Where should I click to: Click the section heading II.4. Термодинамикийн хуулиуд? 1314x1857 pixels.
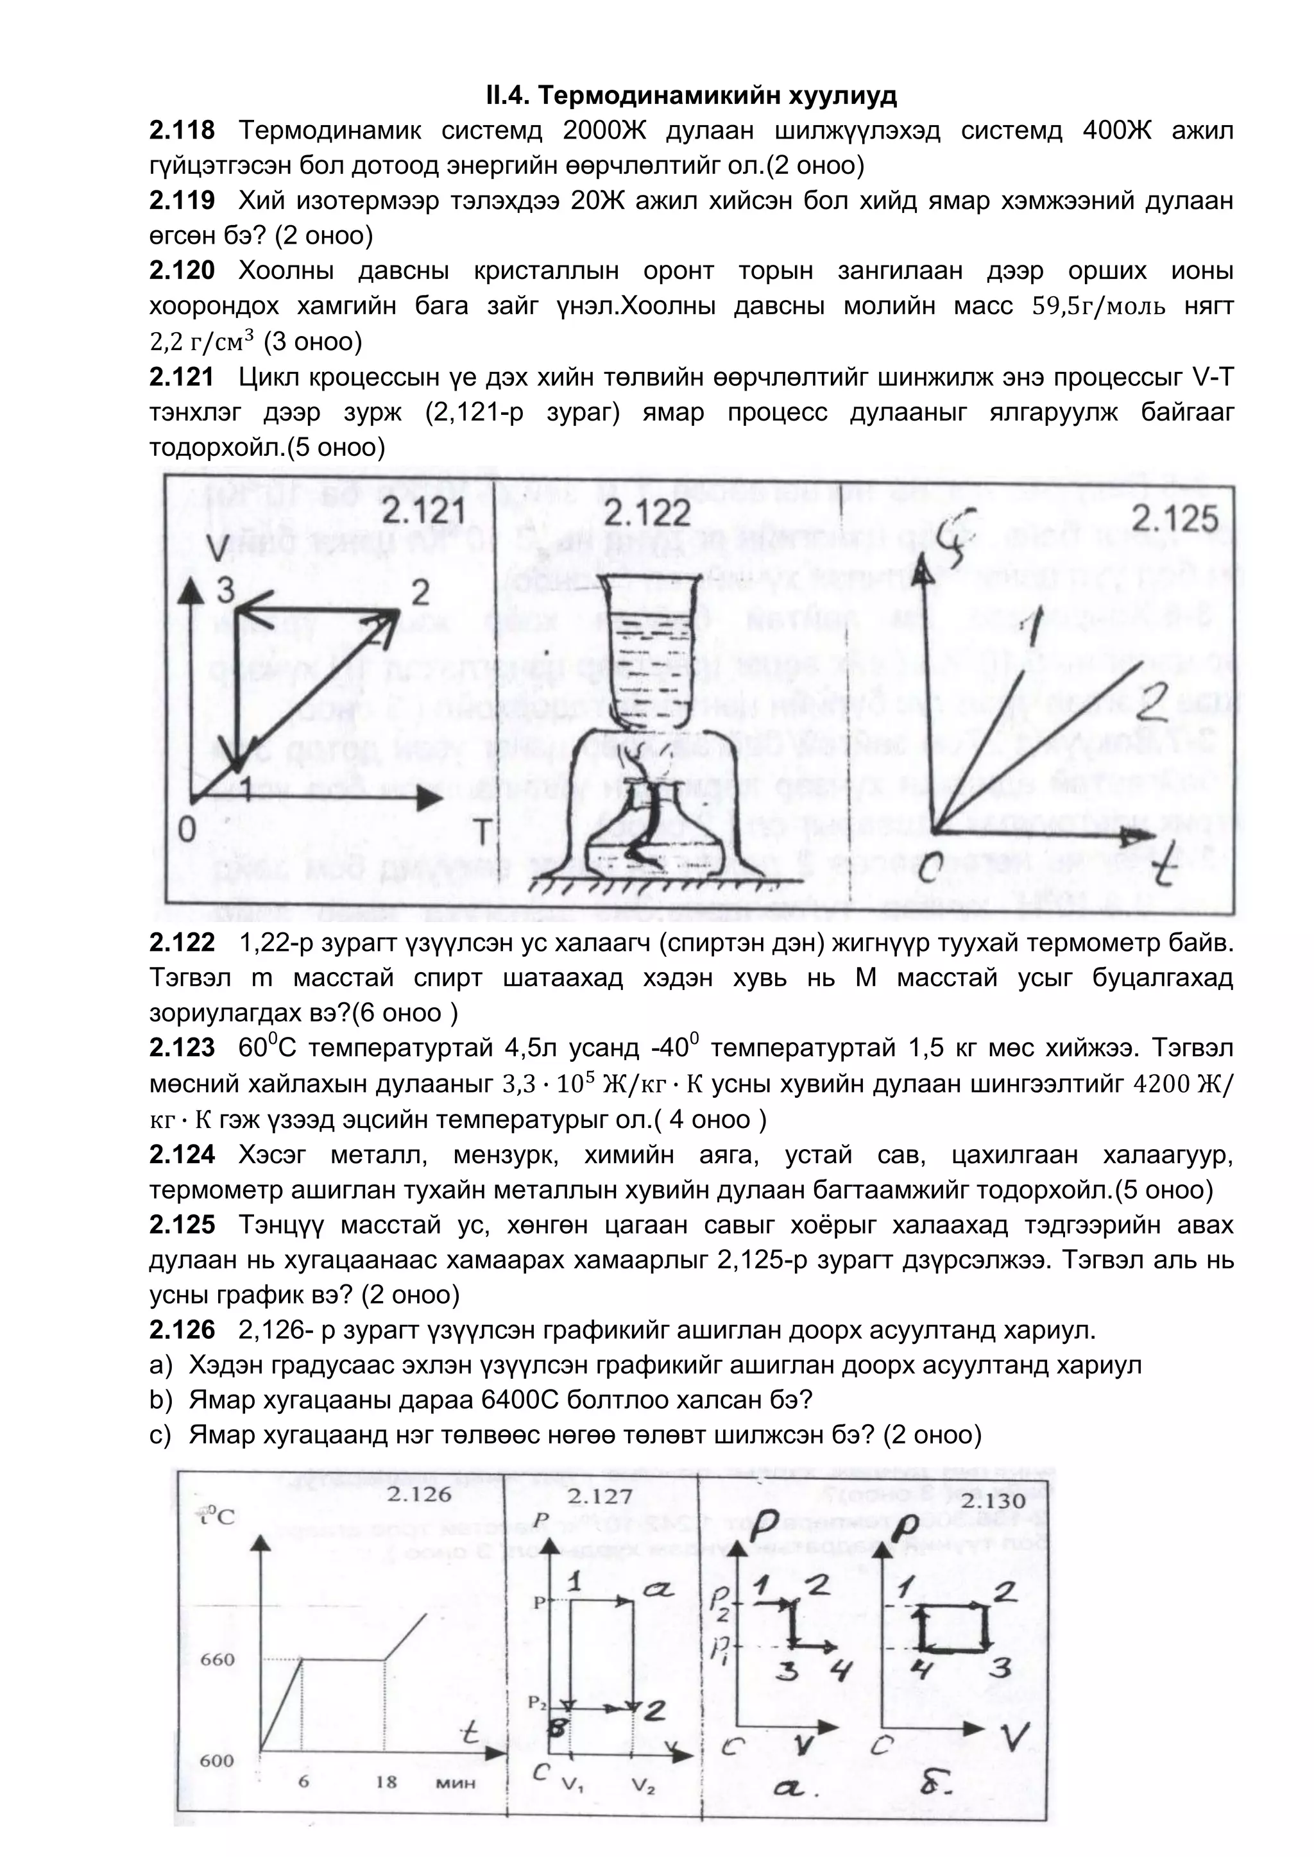click(692, 96)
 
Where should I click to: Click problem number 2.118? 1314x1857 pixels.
click(182, 130)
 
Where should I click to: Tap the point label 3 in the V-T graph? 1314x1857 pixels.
click(226, 591)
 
